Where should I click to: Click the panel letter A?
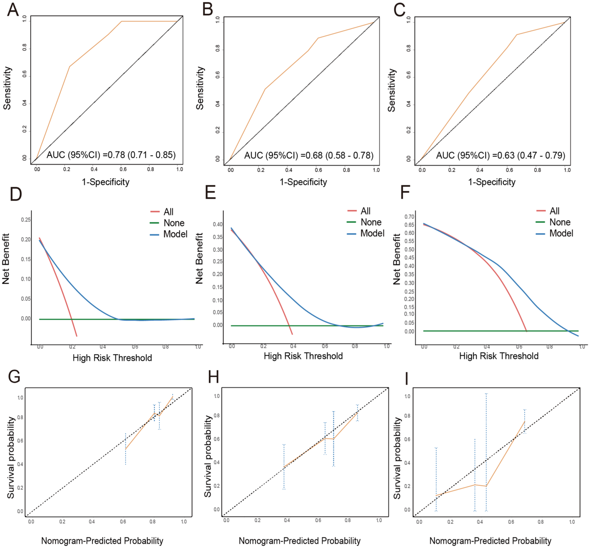point(13,10)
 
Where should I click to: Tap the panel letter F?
point(405,192)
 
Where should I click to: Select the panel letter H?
point(214,377)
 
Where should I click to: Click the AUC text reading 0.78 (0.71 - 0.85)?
point(111,155)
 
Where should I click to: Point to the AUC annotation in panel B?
point(309,155)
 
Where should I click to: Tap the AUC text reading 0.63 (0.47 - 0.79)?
point(501,155)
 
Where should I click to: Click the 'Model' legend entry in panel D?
point(169,234)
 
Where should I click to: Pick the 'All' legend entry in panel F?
point(548,211)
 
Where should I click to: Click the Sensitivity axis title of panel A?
point(7,88)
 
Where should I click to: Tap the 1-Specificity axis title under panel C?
point(492,182)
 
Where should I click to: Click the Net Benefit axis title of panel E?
point(199,259)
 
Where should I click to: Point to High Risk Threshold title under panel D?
point(112,358)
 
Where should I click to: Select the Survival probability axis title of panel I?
point(397,458)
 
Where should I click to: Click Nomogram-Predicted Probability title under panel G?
point(102,541)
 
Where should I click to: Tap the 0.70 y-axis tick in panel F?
point(409,216)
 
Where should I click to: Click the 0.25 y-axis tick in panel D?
point(26,219)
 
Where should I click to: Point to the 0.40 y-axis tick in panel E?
point(218,224)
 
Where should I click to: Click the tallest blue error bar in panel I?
point(486,452)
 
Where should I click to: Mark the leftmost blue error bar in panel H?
point(284,467)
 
